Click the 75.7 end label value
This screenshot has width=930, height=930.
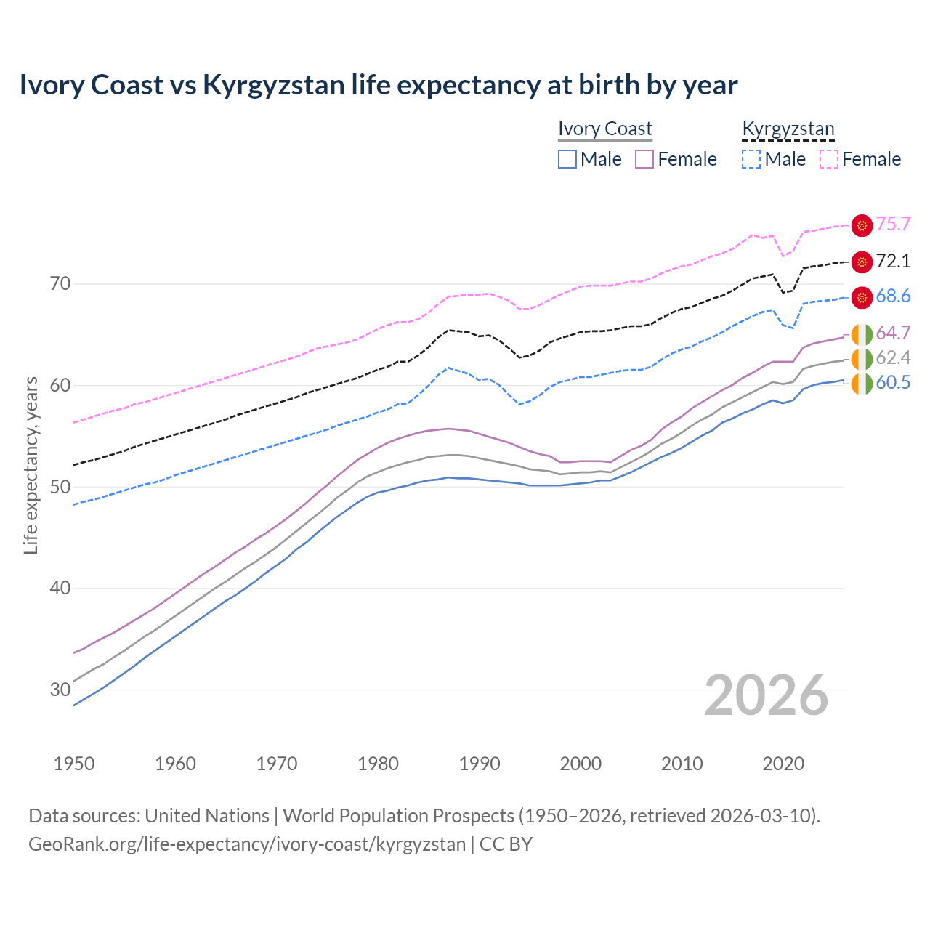pyautogui.click(x=893, y=224)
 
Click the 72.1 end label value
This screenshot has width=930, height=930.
pyautogui.click(x=893, y=261)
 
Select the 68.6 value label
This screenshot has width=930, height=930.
pyautogui.click(x=893, y=296)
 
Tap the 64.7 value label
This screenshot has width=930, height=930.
pyautogui.click(x=893, y=333)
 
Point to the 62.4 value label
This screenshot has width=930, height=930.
pyautogui.click(x=893, y=357)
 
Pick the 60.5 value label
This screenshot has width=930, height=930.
pyautogui.click(x=893, y=382)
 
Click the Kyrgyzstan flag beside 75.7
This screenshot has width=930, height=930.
pyautogui.click(x=862, y=225)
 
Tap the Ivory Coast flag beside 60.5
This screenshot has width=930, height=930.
pyautogui.click(x=862, y=384)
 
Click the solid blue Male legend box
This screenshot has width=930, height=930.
pyautogui.click(x=567, y=159)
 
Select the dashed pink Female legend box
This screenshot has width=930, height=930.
pyautogui.click(x=829, y=159)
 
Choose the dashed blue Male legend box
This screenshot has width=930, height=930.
pyautogui.click(x=751, y=159)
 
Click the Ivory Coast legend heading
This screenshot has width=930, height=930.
pyautogui.click(x=605, y=129)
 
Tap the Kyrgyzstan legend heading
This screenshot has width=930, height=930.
pyautogui.click(x=788, y=129)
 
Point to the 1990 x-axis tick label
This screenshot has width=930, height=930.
pyautogui.click(x=480, y=764)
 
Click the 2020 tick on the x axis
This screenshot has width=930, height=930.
pyautogui.click(x=783, y=764)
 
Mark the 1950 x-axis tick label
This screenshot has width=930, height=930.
pyautogui.click(x=74, y=764)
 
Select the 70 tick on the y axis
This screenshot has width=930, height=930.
pyautogui.click(x=60, y=283)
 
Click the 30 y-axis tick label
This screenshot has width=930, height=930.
pyautogui.click(x=60, y=690)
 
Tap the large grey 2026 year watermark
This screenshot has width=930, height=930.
pyautogui.click(x=767, y=695)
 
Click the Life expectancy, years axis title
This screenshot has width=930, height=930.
pyautogui.click(x=31, y=465)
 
